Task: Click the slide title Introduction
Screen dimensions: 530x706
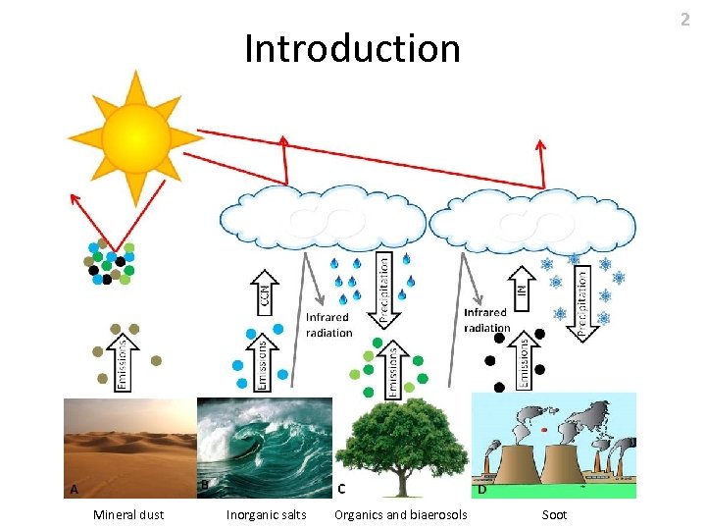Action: click(352, 48)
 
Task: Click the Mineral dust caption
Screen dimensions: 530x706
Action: click(128, 514)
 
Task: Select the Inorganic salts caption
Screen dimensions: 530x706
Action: click(266, 514)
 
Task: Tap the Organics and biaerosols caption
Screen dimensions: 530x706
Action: click(401, 514)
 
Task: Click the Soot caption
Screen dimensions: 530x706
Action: click(554, 514)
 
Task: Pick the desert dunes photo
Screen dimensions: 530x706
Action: click(128, 447)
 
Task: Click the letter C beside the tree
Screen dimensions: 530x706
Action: click(341, 487)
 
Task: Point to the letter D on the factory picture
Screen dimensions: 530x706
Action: click(482, 488)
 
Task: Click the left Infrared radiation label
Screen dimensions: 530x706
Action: click(328, 325)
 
